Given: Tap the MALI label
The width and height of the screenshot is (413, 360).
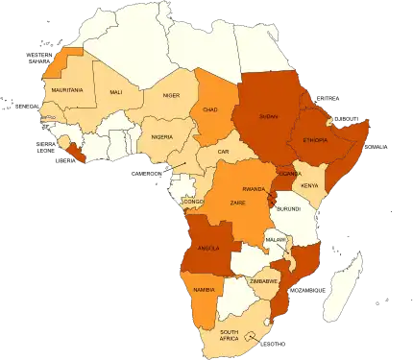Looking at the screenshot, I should [116, 92].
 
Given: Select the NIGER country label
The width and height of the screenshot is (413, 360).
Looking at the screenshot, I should [171, 96].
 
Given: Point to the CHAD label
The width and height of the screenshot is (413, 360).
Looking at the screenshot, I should [210, 109].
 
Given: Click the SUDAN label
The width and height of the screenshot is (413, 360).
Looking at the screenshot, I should [268, 116].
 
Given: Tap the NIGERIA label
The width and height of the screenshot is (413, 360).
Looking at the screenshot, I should [162, 136].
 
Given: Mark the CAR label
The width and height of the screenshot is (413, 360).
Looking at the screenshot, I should [223, 152].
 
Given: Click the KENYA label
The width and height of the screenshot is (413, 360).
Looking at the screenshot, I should [309, 184].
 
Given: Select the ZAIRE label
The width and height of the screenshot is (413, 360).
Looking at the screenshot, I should [238, 204].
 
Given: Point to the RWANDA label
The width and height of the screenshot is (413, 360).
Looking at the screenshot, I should [254, 189].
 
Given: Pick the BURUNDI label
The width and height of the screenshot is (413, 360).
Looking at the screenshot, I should [288, 208].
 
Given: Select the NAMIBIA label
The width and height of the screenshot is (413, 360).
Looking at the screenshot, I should [203, 289].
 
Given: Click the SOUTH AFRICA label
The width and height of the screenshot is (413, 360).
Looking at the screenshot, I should [229, 335].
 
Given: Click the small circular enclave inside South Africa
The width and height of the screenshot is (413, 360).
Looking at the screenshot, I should [252, 336].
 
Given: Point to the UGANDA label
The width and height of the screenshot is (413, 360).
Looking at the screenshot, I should [289, 174].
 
